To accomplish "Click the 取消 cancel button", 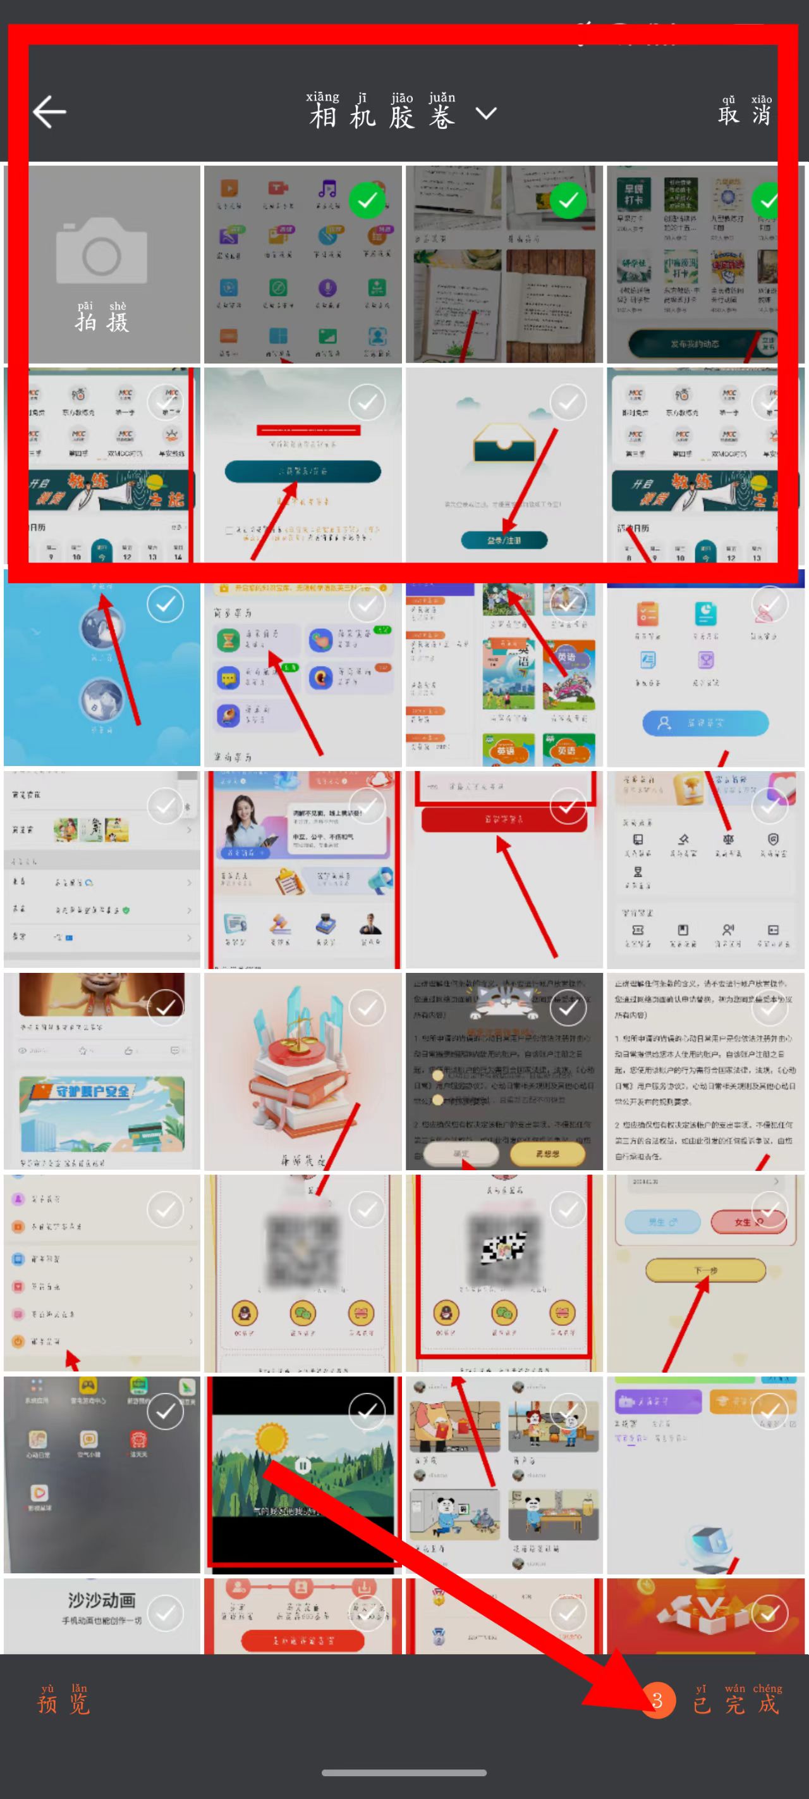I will click(x=745, y=113).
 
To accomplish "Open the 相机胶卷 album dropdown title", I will click(x=382, y=115).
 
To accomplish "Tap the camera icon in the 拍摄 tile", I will click(x=102, y=250).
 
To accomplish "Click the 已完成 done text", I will click(x=736, y=1703).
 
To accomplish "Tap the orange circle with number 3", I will click(x=657, y=1700).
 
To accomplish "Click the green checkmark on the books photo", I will click(x=568, y=201).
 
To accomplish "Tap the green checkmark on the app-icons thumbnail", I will click(x=367, y=201).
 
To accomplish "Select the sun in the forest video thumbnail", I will click(x=272, y=1438).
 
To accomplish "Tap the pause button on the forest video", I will click(x=301, y=1464).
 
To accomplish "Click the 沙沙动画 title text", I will click(x=102, y=1600).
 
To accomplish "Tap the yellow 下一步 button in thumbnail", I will click(x=705, y=1270).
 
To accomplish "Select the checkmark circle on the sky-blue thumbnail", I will click(x=166, y=605).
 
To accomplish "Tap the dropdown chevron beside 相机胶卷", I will click(x=486, y=113).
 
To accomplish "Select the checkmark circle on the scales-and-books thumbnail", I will click(x=367, y=1008).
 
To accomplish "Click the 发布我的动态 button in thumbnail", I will click(x=694, y=344).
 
